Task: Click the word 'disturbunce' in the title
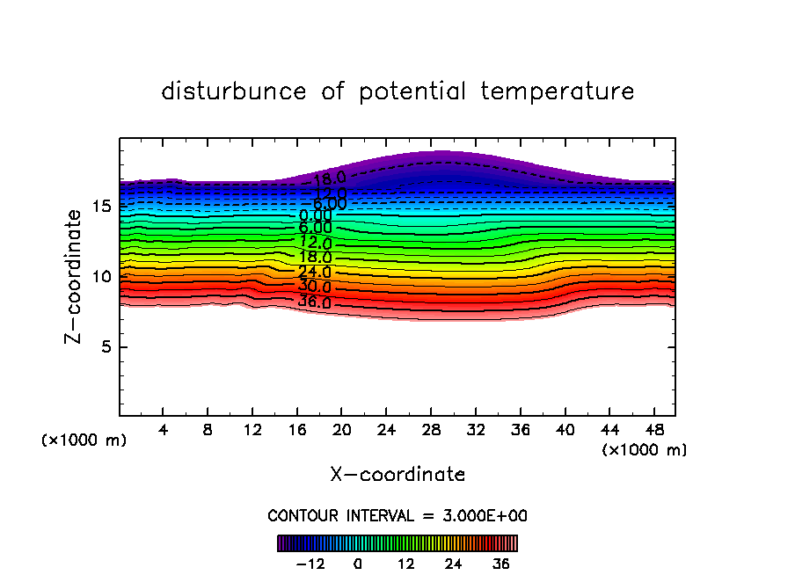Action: click(234, 91)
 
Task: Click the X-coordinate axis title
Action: click(397, 475)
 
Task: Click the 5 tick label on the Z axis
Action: click(103, 347)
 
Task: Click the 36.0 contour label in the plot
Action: click(314, 302)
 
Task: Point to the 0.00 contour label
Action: click(315, 215)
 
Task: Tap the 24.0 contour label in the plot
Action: click(314, 273)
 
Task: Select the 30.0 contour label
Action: click(314, 287)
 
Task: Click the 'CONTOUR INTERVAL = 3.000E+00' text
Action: click(397, 516)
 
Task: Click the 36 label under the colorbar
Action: click(501, 564)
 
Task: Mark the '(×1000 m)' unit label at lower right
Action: click(645, 450)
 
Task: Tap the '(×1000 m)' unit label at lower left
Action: click(84, 440)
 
